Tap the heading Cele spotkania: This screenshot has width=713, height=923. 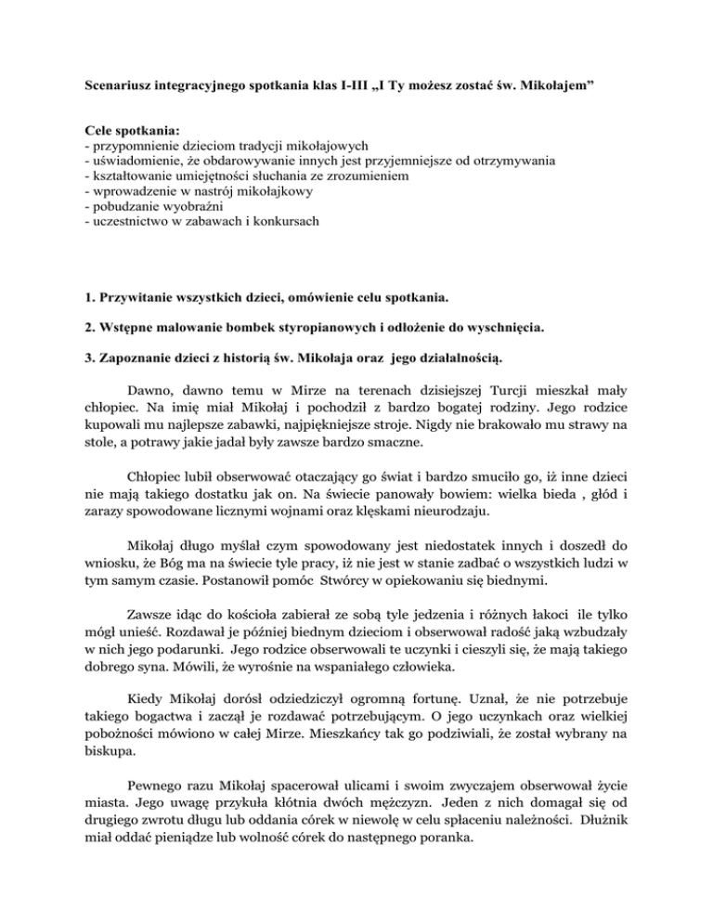coord(123,131)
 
